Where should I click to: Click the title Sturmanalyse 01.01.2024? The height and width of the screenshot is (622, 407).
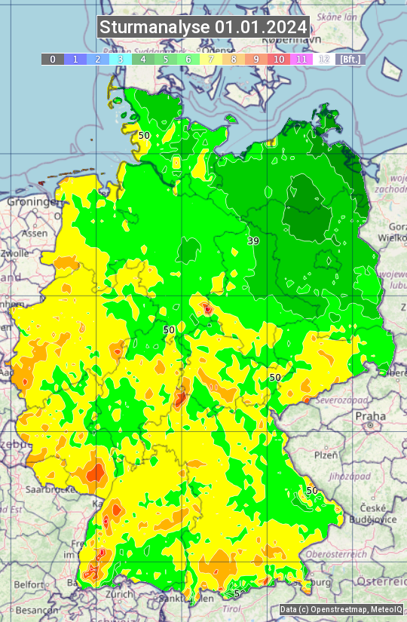(203, 27)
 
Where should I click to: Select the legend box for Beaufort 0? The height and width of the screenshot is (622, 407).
(53, 59)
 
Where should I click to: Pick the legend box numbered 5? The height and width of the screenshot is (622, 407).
(166, 59)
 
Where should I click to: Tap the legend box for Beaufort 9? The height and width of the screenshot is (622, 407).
(256, 59)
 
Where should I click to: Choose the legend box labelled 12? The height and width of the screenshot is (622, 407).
(324, 59)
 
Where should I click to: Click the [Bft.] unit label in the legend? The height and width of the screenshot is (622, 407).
(350, 59)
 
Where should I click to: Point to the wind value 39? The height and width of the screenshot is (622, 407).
(253, 241)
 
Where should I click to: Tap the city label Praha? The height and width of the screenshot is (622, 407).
(370, 416)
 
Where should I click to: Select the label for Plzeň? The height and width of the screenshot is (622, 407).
(326, 455)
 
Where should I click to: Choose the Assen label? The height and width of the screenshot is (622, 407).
(33, 234)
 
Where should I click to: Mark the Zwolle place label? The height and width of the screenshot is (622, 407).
(14, 253)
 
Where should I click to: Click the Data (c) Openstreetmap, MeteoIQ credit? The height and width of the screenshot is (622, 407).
(341, 609)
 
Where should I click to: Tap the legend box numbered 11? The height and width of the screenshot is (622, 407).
(301, 59)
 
